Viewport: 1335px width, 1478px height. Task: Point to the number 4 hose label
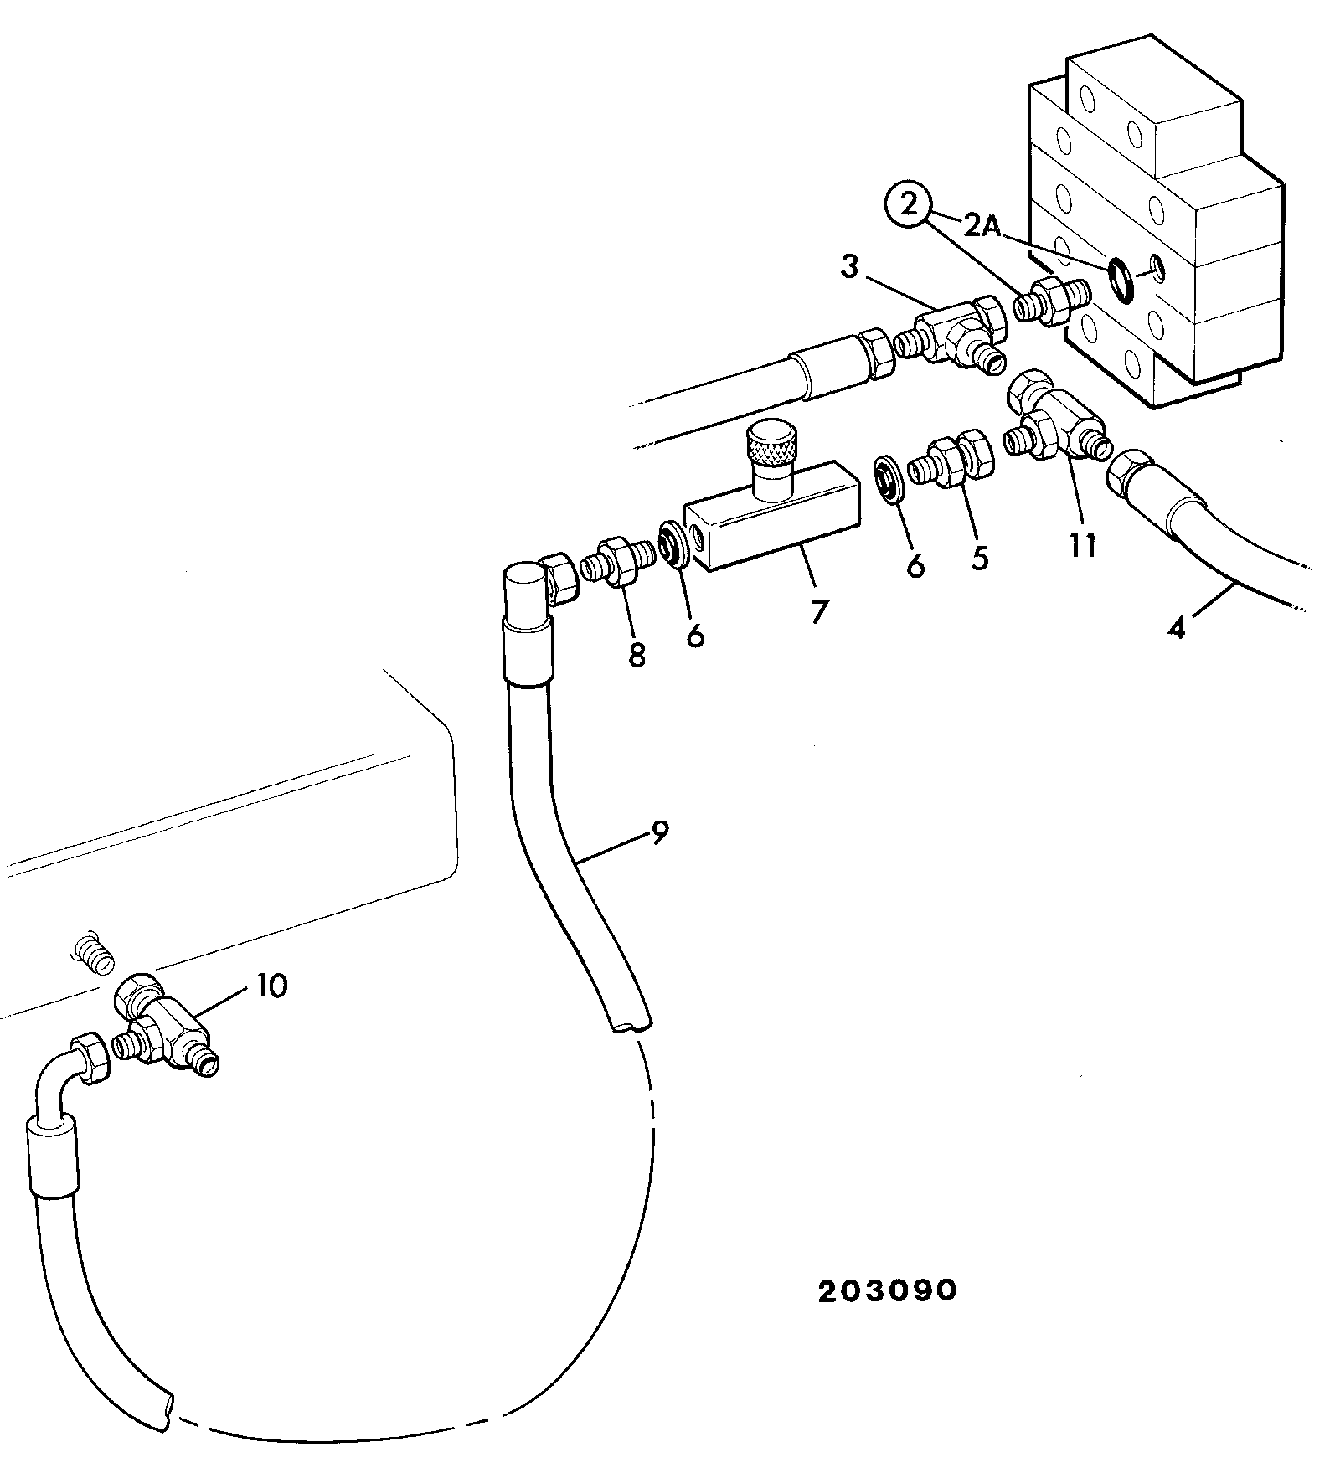pyautogui.click(x=1177, y=628)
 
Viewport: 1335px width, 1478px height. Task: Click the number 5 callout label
pyautogui.click(x=980, y=557)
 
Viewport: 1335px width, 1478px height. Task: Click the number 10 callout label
pyautogui.click(x=271, y=986)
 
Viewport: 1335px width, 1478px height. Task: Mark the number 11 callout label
pyautogui.click(x=1081, y=546)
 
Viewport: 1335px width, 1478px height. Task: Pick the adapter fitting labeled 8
pyautogui.click(x=621, y=559)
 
